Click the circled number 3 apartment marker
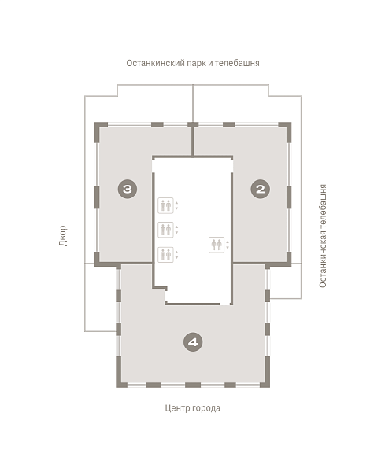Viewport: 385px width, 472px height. (128, 189)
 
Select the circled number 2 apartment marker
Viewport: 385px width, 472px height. (261, 189)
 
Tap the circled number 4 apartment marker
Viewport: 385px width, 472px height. (193, 342)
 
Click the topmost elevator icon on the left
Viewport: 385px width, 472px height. (165, 205)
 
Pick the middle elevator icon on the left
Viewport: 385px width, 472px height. (165, 230)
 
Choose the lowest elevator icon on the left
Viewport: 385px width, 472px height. (165, 255)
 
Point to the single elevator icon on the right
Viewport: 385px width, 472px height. (217, 245)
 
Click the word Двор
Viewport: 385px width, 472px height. (63, 236)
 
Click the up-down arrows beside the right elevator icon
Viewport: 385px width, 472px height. (228, 245)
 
